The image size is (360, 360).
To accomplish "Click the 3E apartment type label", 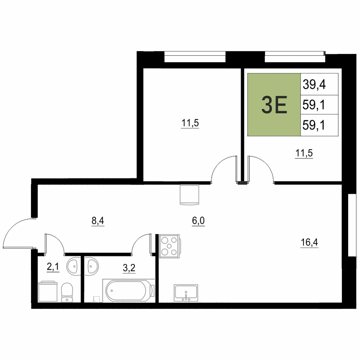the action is pos(274,105).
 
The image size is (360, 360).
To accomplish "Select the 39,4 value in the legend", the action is pos(314,84).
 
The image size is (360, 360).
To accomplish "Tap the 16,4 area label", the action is pos(309,242).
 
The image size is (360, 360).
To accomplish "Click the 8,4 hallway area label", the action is pos(98,221).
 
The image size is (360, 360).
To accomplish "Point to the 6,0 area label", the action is pos(198,221).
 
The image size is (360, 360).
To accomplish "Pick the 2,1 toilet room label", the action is pos(53,267).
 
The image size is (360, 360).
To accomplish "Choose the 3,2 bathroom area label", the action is pos(129,268).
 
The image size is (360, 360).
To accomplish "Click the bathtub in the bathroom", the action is pos(129,291).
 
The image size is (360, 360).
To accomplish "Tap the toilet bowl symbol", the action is pos(67,292).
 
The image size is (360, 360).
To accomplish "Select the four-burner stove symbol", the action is pos(170,246).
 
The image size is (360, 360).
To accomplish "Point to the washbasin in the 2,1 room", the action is pos(73,266).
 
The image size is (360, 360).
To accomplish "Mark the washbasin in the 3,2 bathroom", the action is pos(91,266).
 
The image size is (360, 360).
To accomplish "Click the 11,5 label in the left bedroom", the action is pos(190,123).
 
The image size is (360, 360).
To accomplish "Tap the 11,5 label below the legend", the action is pos(304,153).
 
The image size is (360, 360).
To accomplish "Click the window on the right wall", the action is pos(352,225).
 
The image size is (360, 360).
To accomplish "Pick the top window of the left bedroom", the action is pos(195,57).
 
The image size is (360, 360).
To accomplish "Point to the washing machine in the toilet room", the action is pos(48,291).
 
